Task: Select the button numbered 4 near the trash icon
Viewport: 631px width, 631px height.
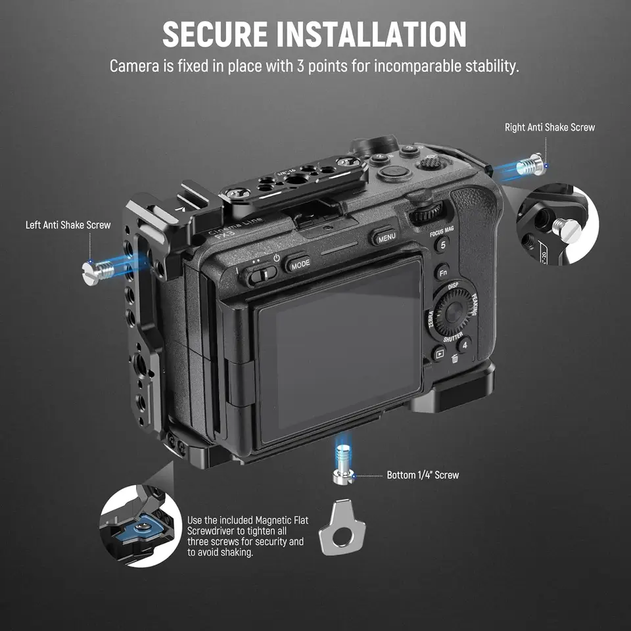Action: (464, 344)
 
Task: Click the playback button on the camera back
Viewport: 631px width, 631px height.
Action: (438, 354)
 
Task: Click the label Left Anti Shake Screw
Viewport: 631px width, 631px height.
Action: (68, 225)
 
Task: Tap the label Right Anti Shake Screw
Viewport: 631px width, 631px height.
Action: (549, 128)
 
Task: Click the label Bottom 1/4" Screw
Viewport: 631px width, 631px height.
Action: (423, 475)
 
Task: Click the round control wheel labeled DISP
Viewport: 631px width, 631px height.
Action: (454, 312)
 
